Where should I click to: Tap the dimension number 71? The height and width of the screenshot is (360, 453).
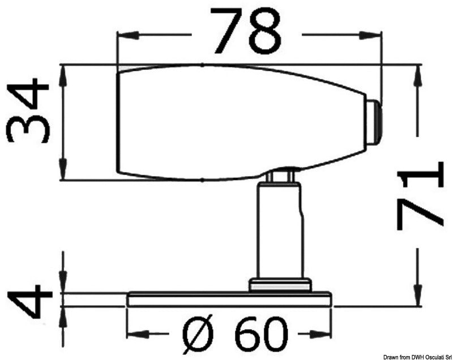(419, 195)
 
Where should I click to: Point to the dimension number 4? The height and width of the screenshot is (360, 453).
(28, 299)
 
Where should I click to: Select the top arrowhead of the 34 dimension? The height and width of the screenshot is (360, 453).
(63, 71)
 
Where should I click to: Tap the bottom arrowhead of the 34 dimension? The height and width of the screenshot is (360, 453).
(63, 175)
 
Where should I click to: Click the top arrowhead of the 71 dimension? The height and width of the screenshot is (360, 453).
(418, 71)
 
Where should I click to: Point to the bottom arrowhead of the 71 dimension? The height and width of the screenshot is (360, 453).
(418, 300)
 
